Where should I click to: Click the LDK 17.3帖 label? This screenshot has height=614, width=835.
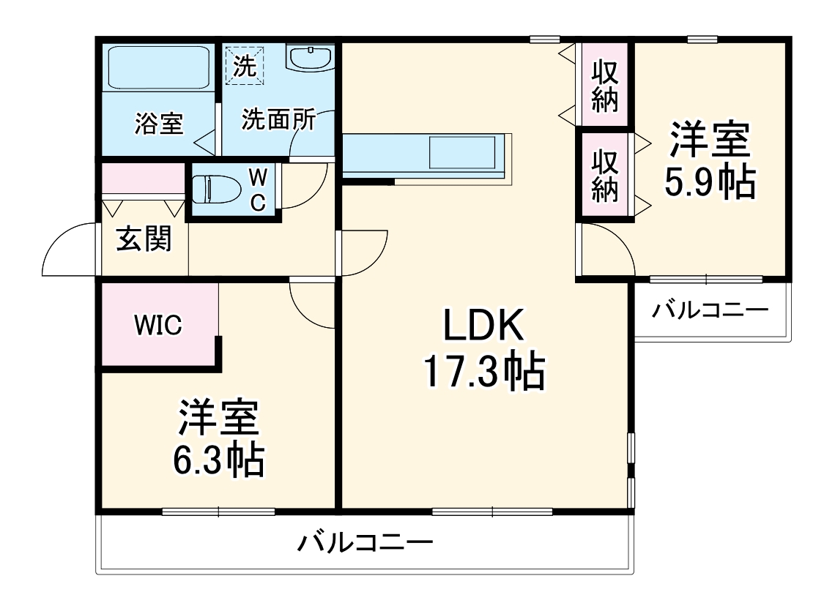point(483,350)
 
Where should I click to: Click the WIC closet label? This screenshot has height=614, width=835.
point(157,325)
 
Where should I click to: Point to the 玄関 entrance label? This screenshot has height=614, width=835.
point(144,239)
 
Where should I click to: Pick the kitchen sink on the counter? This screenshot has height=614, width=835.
point(462,155)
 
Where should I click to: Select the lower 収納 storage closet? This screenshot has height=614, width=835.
point(605,175)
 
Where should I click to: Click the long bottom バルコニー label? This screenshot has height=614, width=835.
point(365,543)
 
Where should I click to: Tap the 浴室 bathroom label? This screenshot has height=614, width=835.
point(158,123)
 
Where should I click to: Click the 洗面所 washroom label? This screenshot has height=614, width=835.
point(278,119)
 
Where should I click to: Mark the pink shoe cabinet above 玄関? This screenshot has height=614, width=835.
point(142,179)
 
